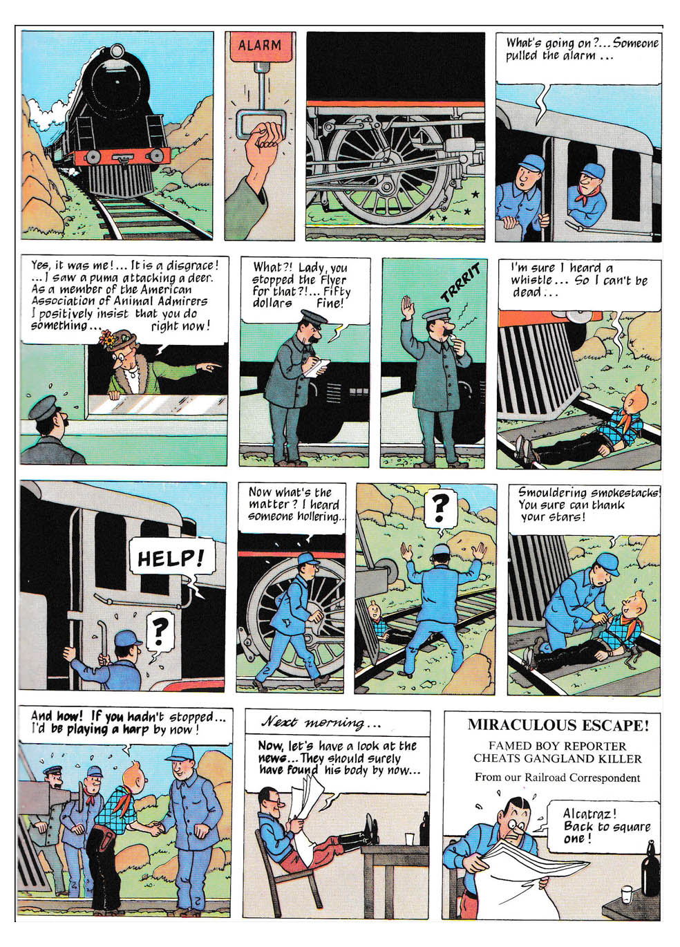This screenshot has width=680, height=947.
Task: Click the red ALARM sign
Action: tap(259, 46)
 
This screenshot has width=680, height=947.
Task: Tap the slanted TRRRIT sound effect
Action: tap(460, 282)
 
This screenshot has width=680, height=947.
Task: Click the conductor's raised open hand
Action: tap(408, 308)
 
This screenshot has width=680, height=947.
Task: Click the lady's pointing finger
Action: tap(214, 365)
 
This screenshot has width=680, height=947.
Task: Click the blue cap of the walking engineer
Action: tap(308, 559)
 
